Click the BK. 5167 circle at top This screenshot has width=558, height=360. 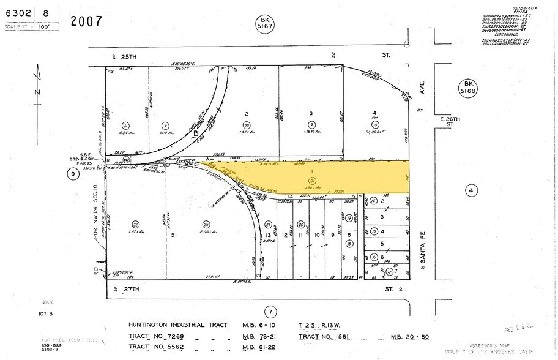click(x=264, y=24)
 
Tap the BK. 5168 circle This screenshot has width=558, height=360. click(x=470, y=87)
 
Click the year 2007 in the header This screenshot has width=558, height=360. click(x=86, y=21)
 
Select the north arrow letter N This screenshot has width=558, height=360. click(x=37, y=92)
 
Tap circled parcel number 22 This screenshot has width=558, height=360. click(x=136, y=224)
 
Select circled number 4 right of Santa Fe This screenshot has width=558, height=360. click(x=471, y=190)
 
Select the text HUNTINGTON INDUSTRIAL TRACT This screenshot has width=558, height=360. click(x=177, y=324)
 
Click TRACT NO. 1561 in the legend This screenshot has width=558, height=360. click(x=330, y=337)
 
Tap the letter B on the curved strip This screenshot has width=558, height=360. click(x=195, y=132)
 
